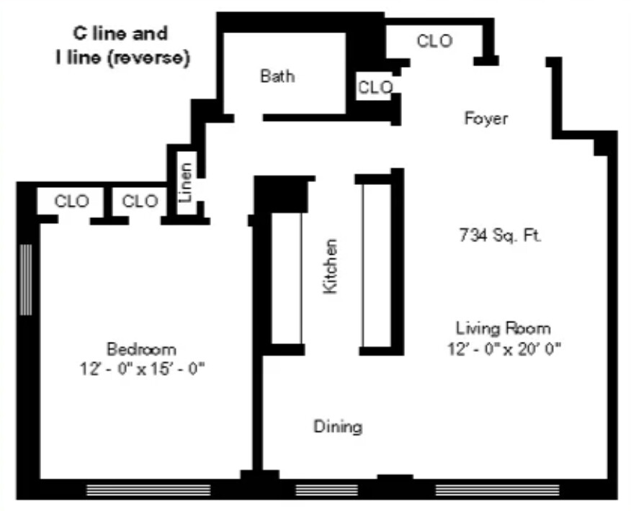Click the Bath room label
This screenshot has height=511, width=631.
coord(277,76)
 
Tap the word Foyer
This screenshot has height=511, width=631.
coord(485,119)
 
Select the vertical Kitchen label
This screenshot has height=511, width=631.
coord(330,266)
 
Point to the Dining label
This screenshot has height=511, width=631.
coord(338,427)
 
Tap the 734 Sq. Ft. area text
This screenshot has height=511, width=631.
coord(500,235)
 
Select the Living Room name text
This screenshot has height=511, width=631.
coord(503,329)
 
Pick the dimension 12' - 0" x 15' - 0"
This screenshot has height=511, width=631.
coord(143,369)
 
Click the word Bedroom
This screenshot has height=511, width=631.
coord(141,350)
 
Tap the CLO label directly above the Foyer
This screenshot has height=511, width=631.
coord(434,41)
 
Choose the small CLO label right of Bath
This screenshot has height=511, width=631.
coord(375,88)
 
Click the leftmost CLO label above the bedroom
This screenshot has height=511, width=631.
coord(72,201)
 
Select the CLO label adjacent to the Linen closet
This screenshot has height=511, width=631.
coord(140,201)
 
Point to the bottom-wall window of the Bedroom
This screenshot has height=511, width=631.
coord(148,490)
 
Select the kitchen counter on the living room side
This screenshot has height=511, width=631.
coord(375,264)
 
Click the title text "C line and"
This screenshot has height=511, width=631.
coord(120,33)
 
